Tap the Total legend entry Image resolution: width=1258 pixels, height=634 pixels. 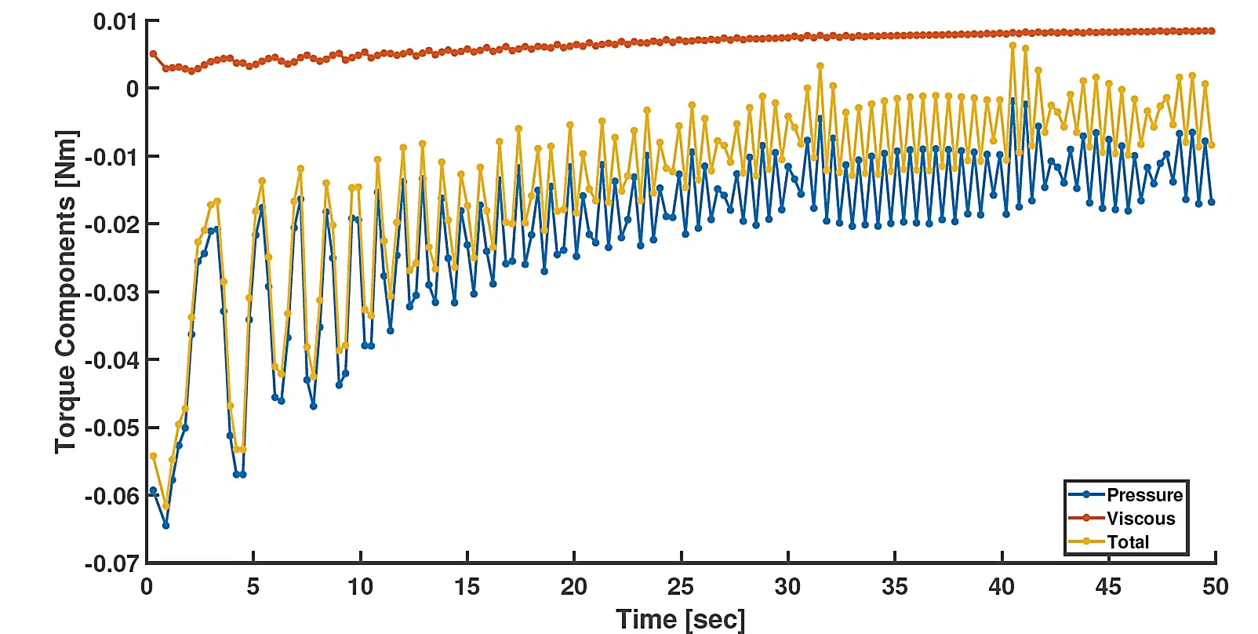(1127, 542)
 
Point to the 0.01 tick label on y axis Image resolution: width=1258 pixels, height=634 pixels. (115, 22)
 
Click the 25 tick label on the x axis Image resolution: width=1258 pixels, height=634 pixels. (681, 587)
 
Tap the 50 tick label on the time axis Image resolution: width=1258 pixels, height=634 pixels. (1215, 587)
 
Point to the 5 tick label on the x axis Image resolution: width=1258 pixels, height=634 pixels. (253, 587)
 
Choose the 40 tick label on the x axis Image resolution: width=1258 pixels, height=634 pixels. (1002, 587)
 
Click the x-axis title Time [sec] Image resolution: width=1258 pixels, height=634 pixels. (680, 619)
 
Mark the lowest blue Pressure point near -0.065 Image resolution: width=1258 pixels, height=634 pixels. (165, 525)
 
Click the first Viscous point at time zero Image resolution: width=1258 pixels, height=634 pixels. (153, 54)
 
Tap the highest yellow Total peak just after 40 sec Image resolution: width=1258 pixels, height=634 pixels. (1013, 46)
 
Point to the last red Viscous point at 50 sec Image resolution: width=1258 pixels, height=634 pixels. (1212, 31)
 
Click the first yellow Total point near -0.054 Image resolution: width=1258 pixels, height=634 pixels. (153, 456)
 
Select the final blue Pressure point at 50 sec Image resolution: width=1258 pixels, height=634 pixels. (1212, 202)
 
